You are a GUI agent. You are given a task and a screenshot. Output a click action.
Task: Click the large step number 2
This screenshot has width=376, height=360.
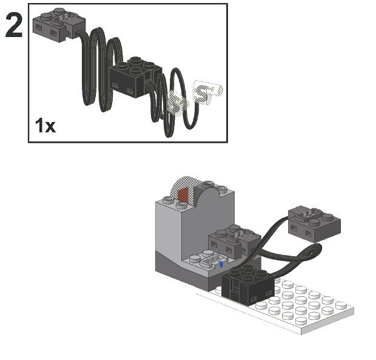(x=14, y=25)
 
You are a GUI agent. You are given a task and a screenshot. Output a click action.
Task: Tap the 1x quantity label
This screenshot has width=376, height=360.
(x=45, y=125)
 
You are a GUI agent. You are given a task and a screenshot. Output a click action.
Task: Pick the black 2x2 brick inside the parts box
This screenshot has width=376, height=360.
(x=135, y=77)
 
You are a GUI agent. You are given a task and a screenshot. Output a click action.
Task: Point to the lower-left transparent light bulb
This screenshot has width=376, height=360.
(x=178, y=103)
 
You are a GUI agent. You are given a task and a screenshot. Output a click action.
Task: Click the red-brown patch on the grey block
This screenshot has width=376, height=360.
(x=183, y=195)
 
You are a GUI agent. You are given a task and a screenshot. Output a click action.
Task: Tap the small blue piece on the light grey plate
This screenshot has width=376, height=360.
(x=221, y=264)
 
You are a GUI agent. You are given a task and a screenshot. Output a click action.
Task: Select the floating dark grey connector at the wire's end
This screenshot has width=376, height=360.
(x=314, y=223)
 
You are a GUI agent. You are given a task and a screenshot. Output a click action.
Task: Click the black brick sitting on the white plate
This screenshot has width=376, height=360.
(x=247, y=285)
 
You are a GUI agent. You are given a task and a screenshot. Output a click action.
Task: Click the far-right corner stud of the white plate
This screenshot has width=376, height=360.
(x=341, y=306)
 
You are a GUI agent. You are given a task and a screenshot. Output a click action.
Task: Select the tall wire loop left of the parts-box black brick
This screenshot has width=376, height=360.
(x=94, y=67)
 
